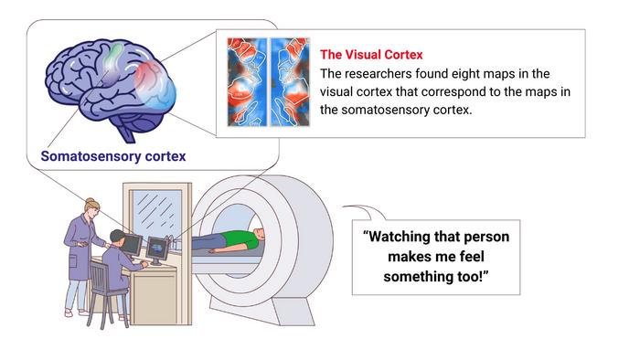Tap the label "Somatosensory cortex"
[113, 156]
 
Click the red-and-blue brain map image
[266, 80]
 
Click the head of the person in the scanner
[261, 235]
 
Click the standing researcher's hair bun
[89, 202]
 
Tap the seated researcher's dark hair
[115, 236]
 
